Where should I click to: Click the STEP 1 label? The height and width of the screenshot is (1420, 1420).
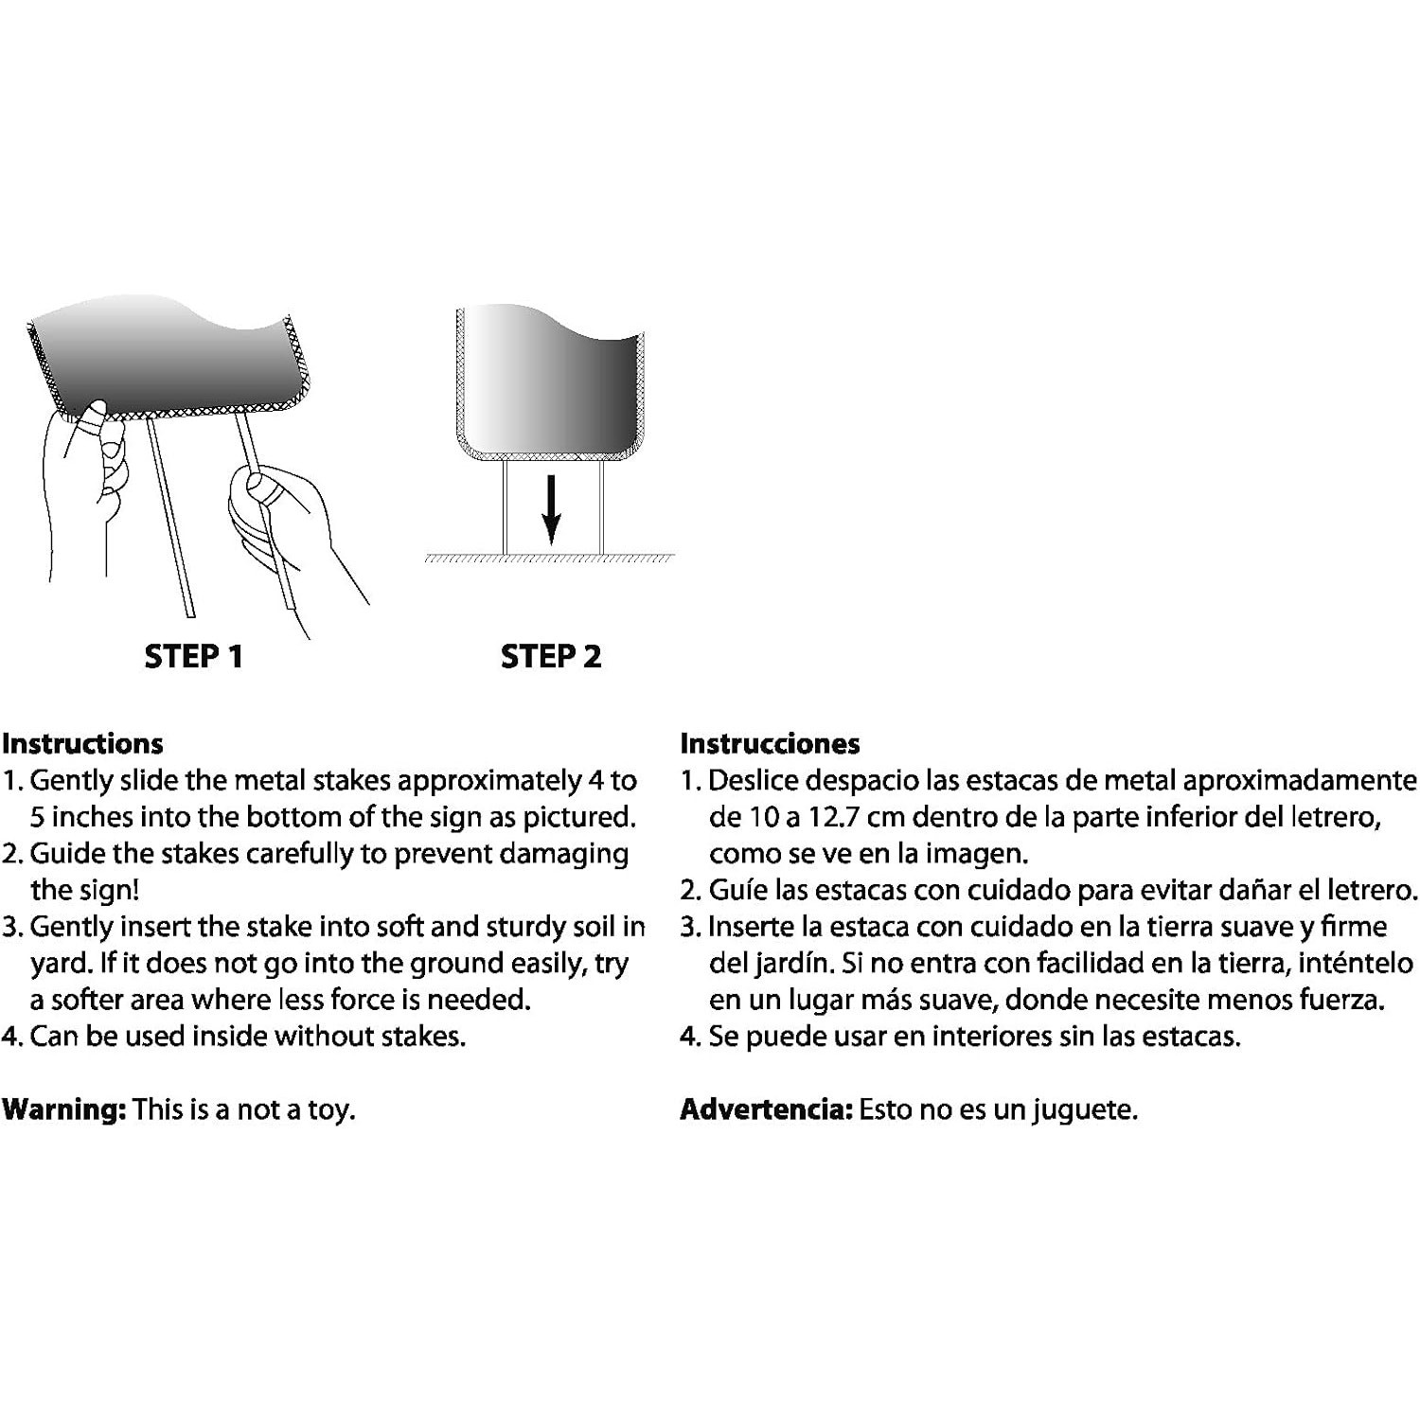pyautogui.click(x=193, y=656)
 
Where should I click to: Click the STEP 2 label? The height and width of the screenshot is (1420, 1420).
pyautogui.click(x=551, y=656)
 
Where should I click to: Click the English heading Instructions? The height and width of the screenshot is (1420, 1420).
pyautogui.click(x=82, y=743)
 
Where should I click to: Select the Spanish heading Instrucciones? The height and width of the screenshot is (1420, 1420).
pyautogui.click(x=770, y=743)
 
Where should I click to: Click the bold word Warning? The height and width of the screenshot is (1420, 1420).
pyautogui.click(x=63, y=1109)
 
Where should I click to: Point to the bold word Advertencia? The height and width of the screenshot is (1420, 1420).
pyautogui.click(x=766, y=1109)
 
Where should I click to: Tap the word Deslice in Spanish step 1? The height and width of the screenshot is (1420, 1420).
pyautogui.click(x=754, y=781)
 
